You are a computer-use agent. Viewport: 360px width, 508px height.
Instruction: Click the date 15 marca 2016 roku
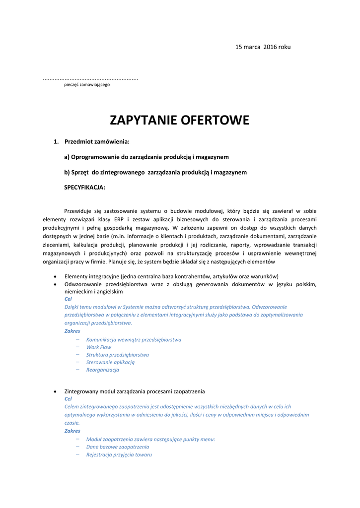point(263,47)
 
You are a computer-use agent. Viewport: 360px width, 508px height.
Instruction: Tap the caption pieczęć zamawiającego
point(87,85)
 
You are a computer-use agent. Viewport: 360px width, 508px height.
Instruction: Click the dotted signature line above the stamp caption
point(90,79)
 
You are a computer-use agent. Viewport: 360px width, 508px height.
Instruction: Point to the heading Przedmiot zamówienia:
point(97,142)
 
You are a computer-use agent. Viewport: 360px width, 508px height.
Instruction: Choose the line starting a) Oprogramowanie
point(146,157)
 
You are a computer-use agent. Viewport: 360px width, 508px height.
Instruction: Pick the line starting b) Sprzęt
point(155,173)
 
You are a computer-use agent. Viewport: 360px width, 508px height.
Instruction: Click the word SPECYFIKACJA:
point(84,188)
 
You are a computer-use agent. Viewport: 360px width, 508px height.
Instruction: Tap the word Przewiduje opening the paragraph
point(78,211)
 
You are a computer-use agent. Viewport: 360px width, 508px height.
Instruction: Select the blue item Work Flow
point(99,347)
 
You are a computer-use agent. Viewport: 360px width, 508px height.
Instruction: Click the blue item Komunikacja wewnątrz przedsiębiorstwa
point(134,340)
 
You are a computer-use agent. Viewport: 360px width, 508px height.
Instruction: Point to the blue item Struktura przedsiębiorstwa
point(118,355)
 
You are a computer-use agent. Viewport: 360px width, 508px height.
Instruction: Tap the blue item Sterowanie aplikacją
point(110,362)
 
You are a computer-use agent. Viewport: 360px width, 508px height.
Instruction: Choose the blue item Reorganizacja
point(103,370)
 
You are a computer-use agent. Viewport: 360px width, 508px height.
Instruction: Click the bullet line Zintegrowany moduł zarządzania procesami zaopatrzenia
point(135,391)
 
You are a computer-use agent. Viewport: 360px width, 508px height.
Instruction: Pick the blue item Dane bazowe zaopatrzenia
point(118,447)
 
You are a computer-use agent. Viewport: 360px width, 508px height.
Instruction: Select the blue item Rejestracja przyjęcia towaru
point(119,454)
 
